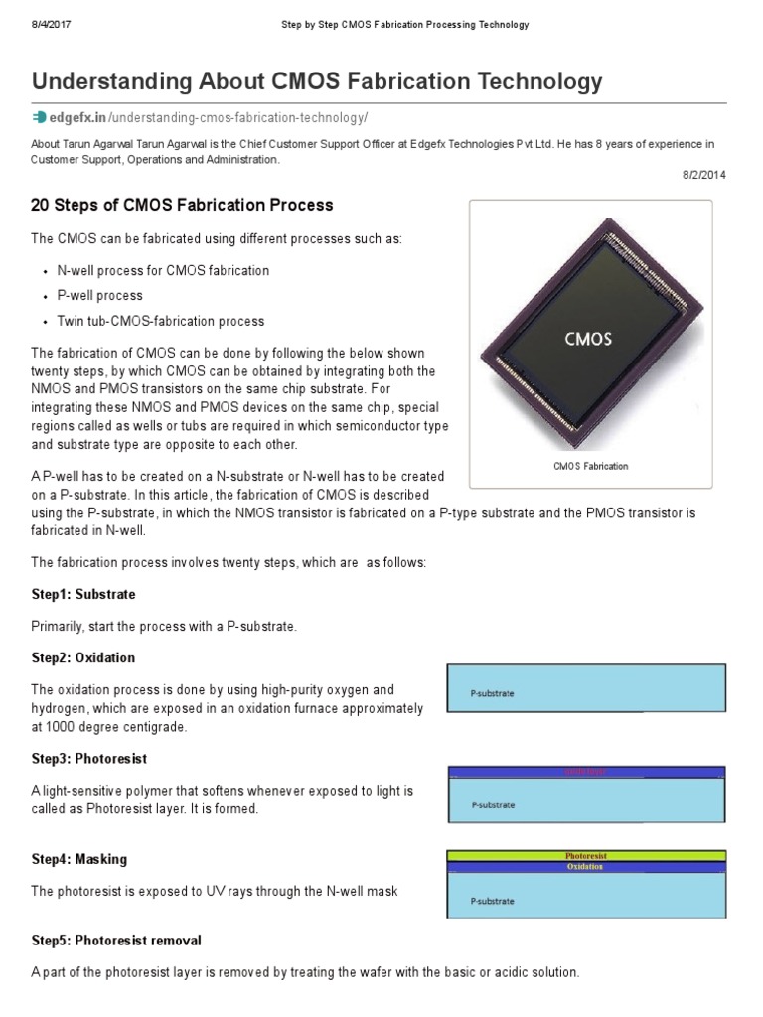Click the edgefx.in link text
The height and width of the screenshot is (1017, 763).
[83, 117]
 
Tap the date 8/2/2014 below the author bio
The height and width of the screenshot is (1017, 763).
[704, 174]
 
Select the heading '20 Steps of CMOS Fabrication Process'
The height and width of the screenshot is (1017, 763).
[182, 206]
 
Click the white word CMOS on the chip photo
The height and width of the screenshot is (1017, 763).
[588, 338]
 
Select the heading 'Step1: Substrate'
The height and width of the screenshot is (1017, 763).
[83, 594]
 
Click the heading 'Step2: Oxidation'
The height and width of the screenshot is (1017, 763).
[83, 657]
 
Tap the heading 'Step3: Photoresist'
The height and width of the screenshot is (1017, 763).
[89, 759]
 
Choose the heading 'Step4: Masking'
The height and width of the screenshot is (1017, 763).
[79, 859]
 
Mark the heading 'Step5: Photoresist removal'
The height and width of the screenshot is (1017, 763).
[116, 940]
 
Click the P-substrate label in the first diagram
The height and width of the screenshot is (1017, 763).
[493, 693]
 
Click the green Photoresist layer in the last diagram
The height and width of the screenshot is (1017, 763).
[586, 855]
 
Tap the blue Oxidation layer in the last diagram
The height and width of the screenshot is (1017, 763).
[586, 867]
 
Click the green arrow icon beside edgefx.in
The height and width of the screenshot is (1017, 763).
[39, 117]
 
